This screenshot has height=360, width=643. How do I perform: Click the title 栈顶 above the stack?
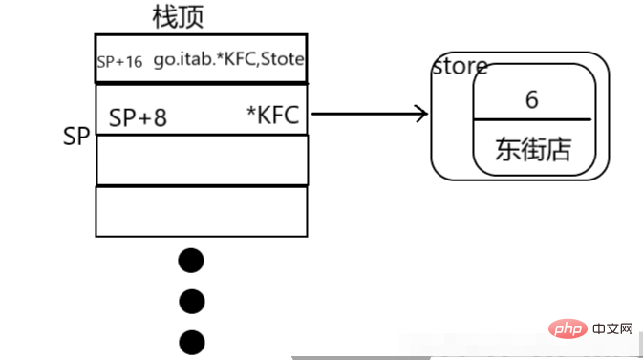point(178,16)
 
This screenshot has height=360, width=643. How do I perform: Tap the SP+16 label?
point(119,60)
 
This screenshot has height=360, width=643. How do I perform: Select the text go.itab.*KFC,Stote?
point(229,59)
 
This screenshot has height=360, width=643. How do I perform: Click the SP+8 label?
point(138,117)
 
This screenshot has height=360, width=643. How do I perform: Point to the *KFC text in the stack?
point(272,116)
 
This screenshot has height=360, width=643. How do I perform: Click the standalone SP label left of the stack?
point(75,137)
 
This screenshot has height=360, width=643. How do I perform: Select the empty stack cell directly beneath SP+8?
point(202,159)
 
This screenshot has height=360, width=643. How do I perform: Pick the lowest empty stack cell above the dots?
point(202,211)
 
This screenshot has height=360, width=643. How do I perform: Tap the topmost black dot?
point(192,260)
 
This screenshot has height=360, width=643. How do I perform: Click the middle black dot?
point(192,301)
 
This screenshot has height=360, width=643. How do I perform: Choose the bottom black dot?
point(192,341)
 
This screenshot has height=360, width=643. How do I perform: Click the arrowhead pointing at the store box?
point(419,115)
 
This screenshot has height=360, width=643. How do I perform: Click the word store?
point(460,66)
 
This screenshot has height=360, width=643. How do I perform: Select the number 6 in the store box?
point(531,98)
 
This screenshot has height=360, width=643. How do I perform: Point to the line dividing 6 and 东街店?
point(531,120)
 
